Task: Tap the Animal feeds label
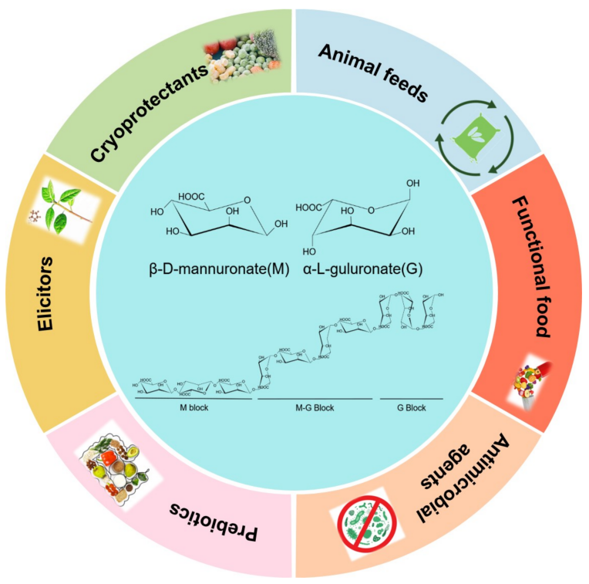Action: tap(372, 73)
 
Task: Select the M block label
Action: tap(194, 407)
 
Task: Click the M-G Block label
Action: tap(317, 407)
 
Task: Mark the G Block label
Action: tap(412, 407)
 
